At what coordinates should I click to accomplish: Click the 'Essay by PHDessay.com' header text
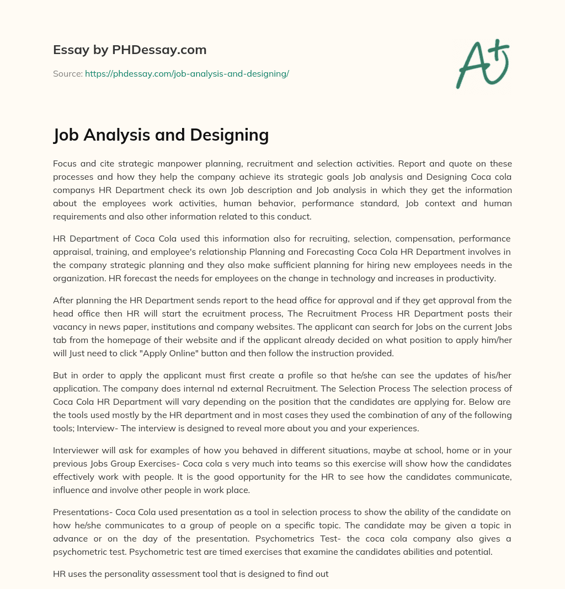click(130, 50)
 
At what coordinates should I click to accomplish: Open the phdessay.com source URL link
click(187, 73)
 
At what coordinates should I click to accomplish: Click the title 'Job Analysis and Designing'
click(161, 135)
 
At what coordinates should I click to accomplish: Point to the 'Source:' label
click(67, 73)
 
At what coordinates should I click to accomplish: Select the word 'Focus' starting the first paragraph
click(65, 164)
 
